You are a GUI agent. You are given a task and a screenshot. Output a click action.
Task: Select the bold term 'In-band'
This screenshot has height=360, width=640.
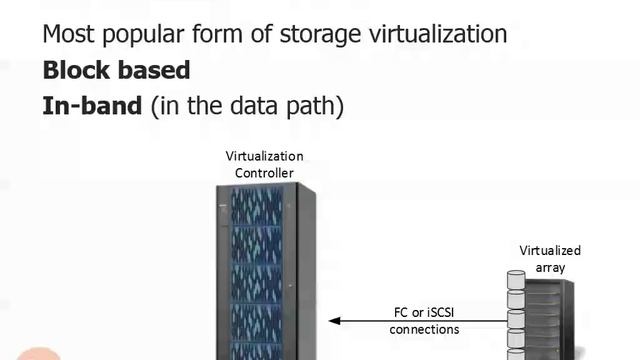[92, 106]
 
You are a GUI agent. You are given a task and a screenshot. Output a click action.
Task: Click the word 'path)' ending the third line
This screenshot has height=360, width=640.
[314, 107]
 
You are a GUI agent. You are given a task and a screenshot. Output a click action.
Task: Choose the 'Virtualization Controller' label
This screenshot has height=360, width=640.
[264, 165]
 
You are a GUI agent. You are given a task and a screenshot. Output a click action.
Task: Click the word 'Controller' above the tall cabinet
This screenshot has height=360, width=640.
[264, 173]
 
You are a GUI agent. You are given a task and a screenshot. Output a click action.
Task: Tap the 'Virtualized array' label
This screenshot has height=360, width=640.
[550, 259]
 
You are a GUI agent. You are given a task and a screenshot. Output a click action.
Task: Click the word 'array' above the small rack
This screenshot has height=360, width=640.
[550, 267]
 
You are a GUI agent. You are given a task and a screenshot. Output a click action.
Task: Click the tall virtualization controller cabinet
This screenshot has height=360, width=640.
[265, 270]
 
